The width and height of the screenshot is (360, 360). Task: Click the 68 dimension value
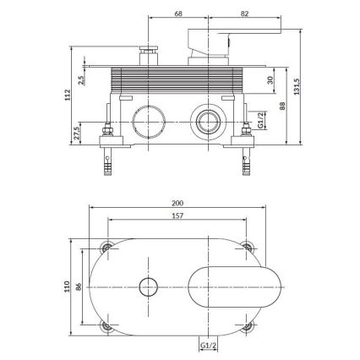[177, 14]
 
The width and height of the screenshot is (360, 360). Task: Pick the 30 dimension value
[270, 81]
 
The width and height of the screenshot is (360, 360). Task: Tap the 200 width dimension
[177, 204]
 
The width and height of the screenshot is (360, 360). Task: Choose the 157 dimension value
[177, 217]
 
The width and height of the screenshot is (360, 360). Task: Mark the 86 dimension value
[82, 286]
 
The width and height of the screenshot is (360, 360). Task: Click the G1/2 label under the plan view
[205, 345]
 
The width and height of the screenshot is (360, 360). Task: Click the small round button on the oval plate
[149, 286]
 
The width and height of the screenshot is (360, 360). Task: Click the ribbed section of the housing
[177, 81]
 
